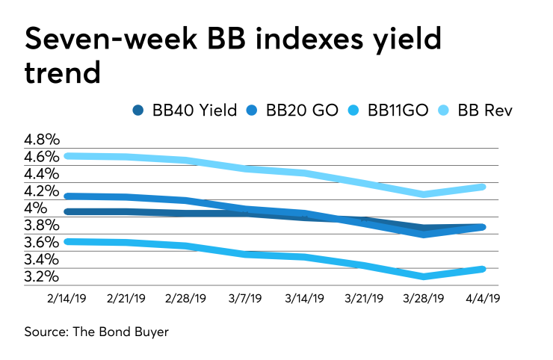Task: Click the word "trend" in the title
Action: tap(61, 72)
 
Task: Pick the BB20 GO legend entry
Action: tap(300, 111)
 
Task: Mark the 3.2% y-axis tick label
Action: tap(42, 277)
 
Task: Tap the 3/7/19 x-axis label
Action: tap(246, 297)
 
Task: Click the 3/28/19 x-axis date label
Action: tap(424, 297)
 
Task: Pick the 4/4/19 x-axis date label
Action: tap(484, 297)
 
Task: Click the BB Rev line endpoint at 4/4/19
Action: tap(484, 187)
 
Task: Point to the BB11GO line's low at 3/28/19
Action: tap(424, 276)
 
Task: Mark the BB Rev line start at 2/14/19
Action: tap(68, 155)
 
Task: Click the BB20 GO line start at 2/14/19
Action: tap(68, 196)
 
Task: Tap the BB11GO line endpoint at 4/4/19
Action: tap(484, 269)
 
